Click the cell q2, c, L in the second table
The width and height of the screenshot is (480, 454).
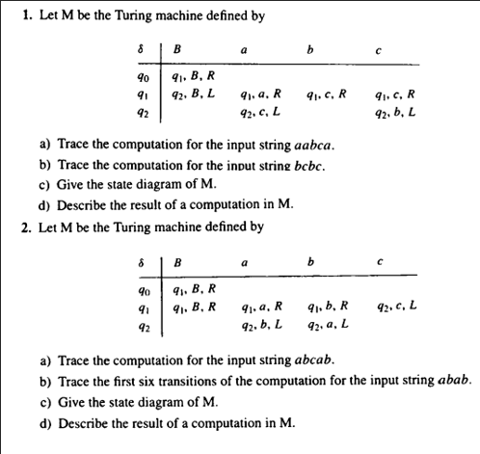click(x=396, y=306)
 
